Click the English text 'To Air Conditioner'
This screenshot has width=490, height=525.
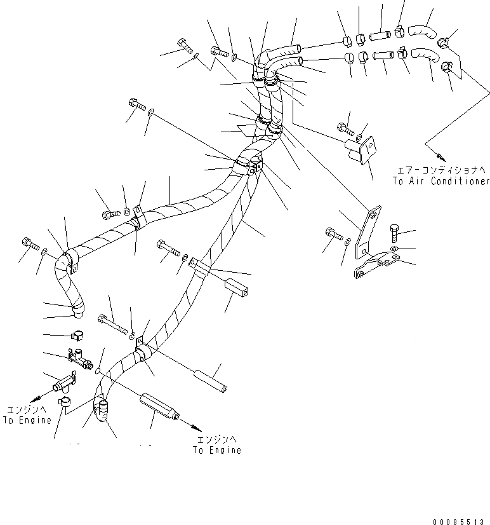440,182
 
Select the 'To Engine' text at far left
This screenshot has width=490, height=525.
27,421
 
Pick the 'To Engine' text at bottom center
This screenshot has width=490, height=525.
217,450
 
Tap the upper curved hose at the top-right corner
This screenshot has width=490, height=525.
422,29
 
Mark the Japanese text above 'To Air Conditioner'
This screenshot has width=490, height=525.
440,170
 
